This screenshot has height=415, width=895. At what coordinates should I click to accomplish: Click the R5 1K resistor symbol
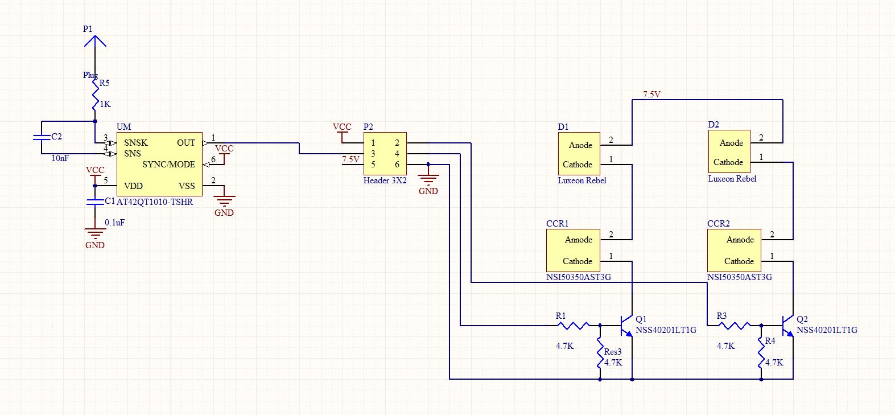tap(96, 96)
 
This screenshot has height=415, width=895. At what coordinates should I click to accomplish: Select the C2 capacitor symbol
tap(41, 137)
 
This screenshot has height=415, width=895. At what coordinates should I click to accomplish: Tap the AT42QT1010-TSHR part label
tap(155, 202)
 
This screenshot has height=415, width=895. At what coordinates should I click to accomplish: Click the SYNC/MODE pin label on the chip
tap(168, 165)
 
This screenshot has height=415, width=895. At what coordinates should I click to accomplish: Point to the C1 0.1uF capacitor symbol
tap(95, 202)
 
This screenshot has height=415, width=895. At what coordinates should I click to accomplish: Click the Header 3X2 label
tap(385, 180)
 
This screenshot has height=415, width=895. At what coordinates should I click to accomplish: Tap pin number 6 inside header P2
tap(397, 165)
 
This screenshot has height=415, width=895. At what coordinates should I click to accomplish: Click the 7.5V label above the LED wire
tap(651, 94)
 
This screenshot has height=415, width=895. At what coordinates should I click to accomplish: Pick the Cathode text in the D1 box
tap(578, 165)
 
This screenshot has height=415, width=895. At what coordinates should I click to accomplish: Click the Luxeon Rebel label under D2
tap(732, 179)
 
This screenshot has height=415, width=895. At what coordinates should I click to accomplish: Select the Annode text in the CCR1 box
tap(579, 240)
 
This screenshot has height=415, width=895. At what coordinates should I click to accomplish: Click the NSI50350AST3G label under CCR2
tap(740, 277)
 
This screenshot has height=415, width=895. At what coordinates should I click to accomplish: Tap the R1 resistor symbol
tap(574, 326)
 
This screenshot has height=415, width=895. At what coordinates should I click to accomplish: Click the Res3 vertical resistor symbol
tap(600, 353)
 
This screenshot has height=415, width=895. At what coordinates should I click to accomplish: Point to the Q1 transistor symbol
tap(627, 326)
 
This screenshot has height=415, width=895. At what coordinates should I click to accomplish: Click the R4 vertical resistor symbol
tap(761, 353)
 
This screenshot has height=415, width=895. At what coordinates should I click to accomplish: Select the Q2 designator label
tap(802, 319)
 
